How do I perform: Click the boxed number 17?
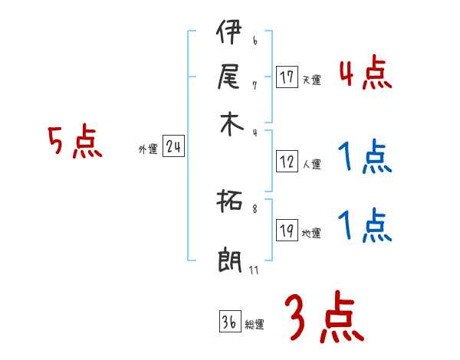(287, 77)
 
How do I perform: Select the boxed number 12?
(287, 162)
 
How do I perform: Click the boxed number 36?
(229, 322)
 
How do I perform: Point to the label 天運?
(311, 80)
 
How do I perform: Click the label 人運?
(311, 164)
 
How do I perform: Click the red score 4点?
(365, 75)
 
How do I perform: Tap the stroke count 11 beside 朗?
(254, 270)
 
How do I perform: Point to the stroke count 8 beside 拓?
(255, 208)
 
